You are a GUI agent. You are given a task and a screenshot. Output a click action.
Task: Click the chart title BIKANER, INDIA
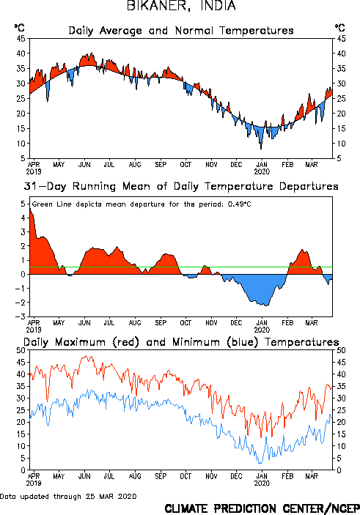point(181,6)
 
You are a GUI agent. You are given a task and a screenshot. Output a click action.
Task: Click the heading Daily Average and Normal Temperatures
point(181,31)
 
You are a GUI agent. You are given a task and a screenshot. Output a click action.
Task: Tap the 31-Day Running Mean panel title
point(181,186)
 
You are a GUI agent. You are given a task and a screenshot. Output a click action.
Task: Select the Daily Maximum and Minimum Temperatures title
point(181,342)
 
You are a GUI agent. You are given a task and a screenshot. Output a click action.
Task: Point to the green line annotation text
point(142,204)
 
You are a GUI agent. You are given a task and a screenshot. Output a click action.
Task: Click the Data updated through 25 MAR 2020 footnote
point(68,496)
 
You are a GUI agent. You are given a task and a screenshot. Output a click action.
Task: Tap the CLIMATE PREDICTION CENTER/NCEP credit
point(262,508)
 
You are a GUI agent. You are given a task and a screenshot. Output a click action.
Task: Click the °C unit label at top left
point(19,28)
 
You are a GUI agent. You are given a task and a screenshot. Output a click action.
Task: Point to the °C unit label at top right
point(340,28)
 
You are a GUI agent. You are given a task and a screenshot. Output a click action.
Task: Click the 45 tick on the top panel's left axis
point(21,39)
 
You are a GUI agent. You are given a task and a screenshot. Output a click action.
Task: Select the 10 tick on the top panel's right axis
point(341,144)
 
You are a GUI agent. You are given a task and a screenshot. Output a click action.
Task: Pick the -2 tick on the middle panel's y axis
point(21,303)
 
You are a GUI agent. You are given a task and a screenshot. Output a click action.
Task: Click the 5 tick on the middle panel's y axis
point(23,204)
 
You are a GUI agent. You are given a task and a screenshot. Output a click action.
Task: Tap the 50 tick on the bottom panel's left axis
point(21,350)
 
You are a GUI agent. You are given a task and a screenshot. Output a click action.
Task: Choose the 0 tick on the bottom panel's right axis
point(339,470)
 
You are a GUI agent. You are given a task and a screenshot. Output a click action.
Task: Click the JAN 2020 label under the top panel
point(262,168)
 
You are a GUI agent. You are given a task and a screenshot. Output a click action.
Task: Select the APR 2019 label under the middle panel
point(34,326)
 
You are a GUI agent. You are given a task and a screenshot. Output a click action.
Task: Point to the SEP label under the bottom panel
point(161,476)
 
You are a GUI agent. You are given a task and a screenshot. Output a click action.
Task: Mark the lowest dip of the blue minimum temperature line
point(260,463)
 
